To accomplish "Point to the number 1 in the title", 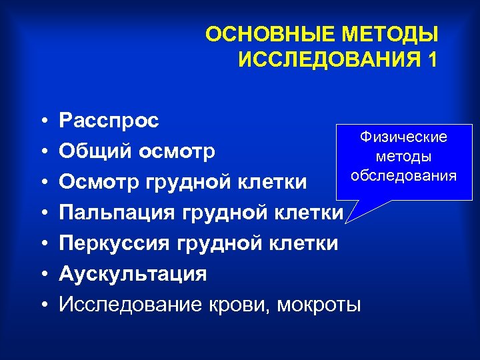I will click(433, 59).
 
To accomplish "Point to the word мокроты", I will click(318, 305).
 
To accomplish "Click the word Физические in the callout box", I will click(403, 137).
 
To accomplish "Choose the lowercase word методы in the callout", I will click(403, 156).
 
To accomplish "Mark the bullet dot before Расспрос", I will click(43, 121).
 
